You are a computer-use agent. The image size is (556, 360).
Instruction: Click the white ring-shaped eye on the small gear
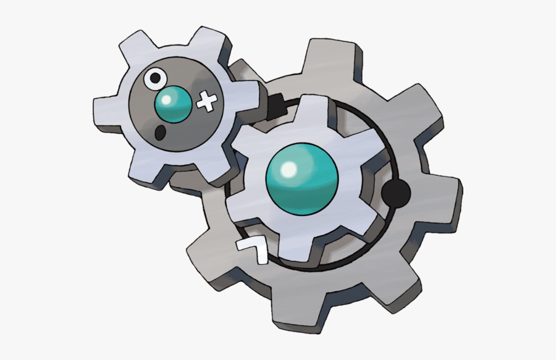click(154, 79)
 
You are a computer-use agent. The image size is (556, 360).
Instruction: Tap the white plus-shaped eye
click(208, 102)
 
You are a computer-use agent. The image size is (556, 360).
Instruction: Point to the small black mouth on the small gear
click(159, 132)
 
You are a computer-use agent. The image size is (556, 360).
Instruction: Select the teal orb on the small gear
click(173, 105)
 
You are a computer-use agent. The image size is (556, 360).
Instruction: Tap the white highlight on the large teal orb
click(289, 167)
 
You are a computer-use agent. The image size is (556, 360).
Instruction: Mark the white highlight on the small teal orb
click(167, 99)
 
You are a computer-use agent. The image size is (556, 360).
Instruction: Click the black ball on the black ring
click(396, 195)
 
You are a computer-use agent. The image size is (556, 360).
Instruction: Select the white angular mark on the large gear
click(253, 249)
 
